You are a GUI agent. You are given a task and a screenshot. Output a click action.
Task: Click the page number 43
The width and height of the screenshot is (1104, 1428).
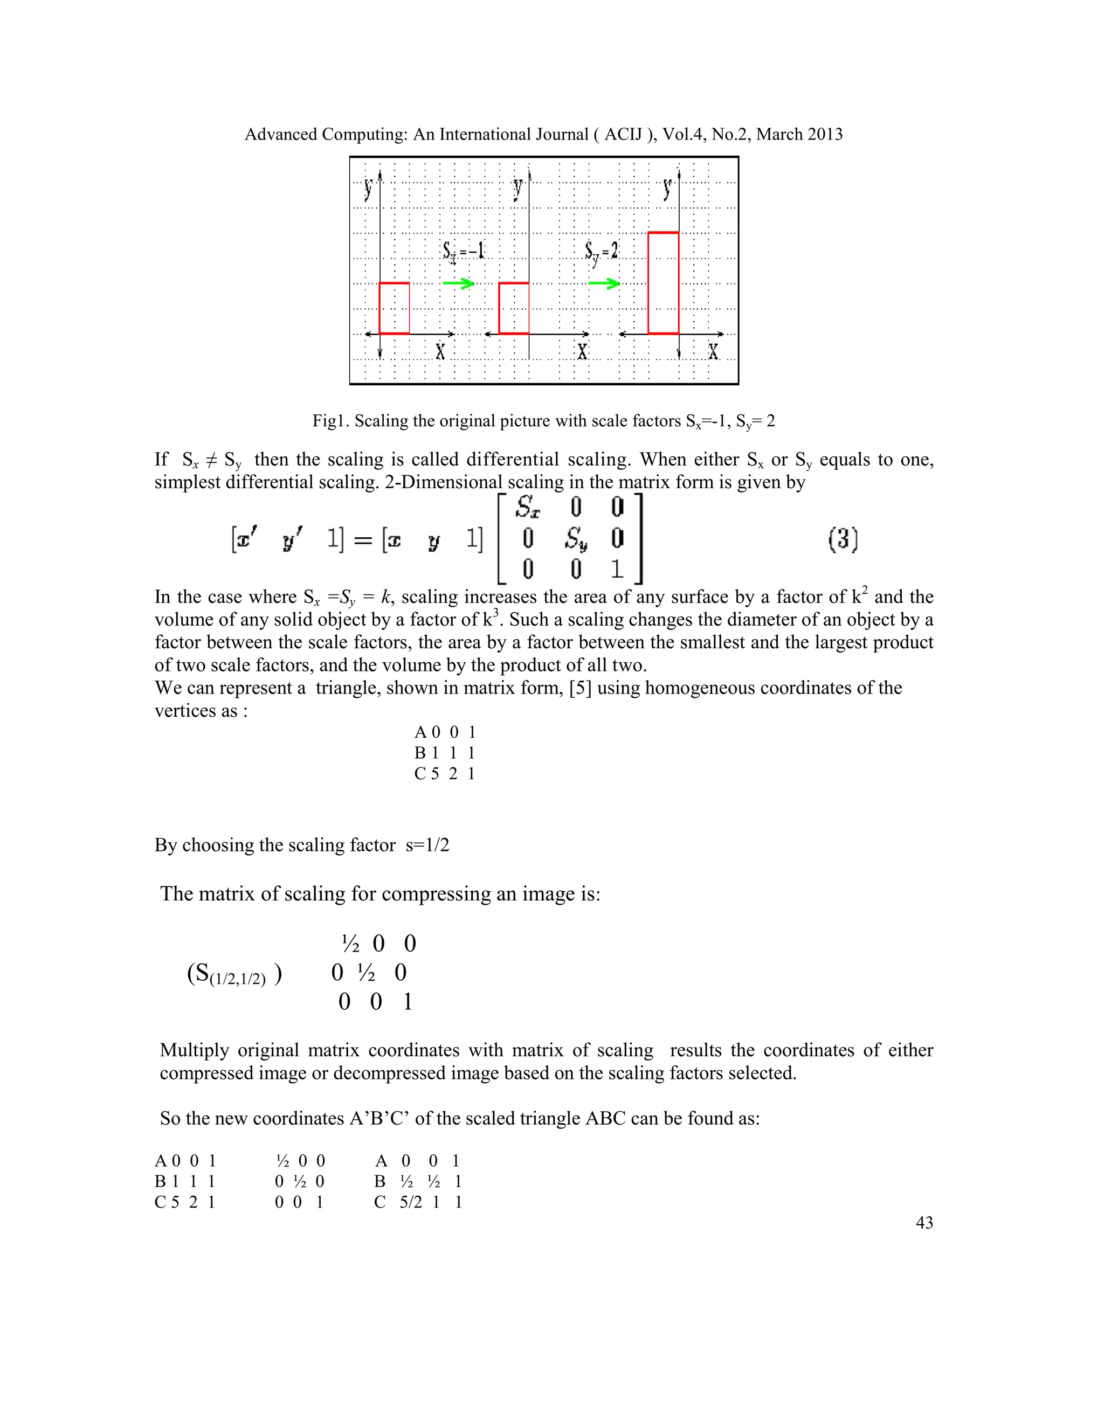click(x=924, y=1223)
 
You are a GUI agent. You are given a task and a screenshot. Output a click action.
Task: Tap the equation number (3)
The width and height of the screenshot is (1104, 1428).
click(x=843, y=539)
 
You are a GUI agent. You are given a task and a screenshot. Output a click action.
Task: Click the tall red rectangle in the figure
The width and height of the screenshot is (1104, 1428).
click(x=663, y=282)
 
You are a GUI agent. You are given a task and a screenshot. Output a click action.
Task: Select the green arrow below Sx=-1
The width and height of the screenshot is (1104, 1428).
click(x=458, y=283)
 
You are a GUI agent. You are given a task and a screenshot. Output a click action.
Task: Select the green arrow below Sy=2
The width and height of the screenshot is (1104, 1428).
click(x=604, y=283)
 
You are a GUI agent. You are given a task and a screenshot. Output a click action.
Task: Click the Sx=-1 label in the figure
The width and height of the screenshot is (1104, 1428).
click(x=463, y=251)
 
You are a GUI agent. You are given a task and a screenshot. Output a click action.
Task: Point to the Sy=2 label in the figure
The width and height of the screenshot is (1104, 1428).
click(x=601, y=252)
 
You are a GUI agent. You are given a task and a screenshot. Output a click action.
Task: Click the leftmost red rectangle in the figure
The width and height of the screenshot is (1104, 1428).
click(x=395, y=308)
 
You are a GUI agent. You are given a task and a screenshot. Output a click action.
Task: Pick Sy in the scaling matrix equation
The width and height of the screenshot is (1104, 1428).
click(x=576, y=539)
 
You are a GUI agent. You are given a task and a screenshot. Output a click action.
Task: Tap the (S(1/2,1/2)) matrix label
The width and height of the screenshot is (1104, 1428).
click(x=234, y=974)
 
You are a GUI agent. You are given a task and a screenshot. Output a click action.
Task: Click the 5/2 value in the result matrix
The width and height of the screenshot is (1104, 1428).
click(x=411, y=1202)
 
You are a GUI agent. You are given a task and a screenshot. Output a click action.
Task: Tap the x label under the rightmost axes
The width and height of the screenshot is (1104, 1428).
click(x=713, y=352)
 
